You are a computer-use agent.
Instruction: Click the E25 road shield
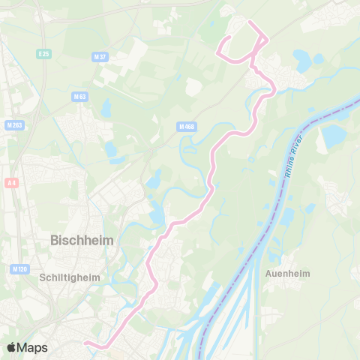tap(44, 54)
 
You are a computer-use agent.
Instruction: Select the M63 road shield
tap(80, 96)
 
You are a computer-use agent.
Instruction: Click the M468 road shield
tap(187, 127)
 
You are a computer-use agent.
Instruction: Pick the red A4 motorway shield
tap(11, 182)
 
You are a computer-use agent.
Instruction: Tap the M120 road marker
tap(19, 268)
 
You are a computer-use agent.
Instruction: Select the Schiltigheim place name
tap(68, 277)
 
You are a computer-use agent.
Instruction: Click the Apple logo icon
tap(12, 347)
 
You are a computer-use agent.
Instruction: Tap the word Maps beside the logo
tap(33, 347)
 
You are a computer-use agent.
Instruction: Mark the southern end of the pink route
tap(85, 343)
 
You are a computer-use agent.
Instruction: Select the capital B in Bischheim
tap(54, 241)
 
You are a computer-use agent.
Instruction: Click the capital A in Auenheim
tap(268, 274)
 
